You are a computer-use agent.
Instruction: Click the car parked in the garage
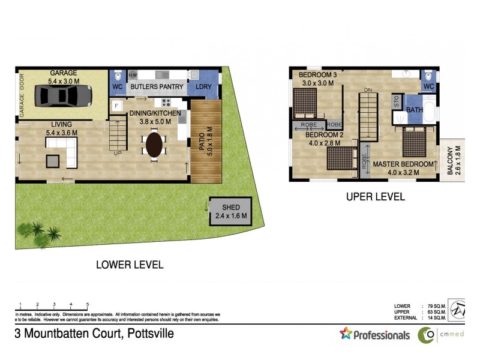coord(62,95)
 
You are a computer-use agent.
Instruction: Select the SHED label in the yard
coord(230,208)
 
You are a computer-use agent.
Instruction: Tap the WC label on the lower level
coord(117,87)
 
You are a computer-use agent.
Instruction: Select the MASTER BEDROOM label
coord(403,164)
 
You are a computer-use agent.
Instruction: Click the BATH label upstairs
coord(415,110)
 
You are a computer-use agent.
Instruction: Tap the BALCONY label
coord(450,161)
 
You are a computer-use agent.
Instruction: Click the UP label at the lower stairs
coord(118,154)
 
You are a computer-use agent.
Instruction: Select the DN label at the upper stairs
coord(368,91)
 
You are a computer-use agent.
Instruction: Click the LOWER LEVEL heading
coord(130,264)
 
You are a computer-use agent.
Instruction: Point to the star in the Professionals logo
coord(345,334)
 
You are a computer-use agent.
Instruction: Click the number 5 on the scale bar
coord(88,305)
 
